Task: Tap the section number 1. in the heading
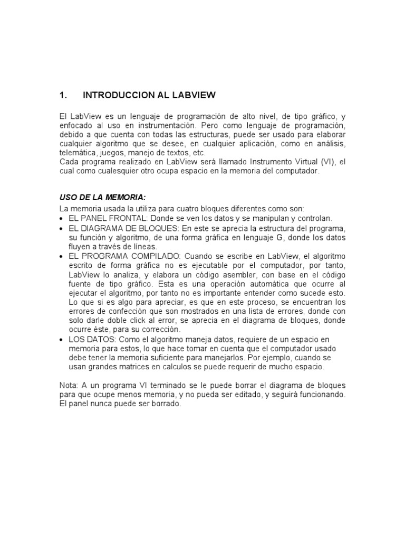pos(64,96)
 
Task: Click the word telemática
pos(76,153)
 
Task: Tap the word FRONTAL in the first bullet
pos(122,218)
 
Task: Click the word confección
pos(118,311)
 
